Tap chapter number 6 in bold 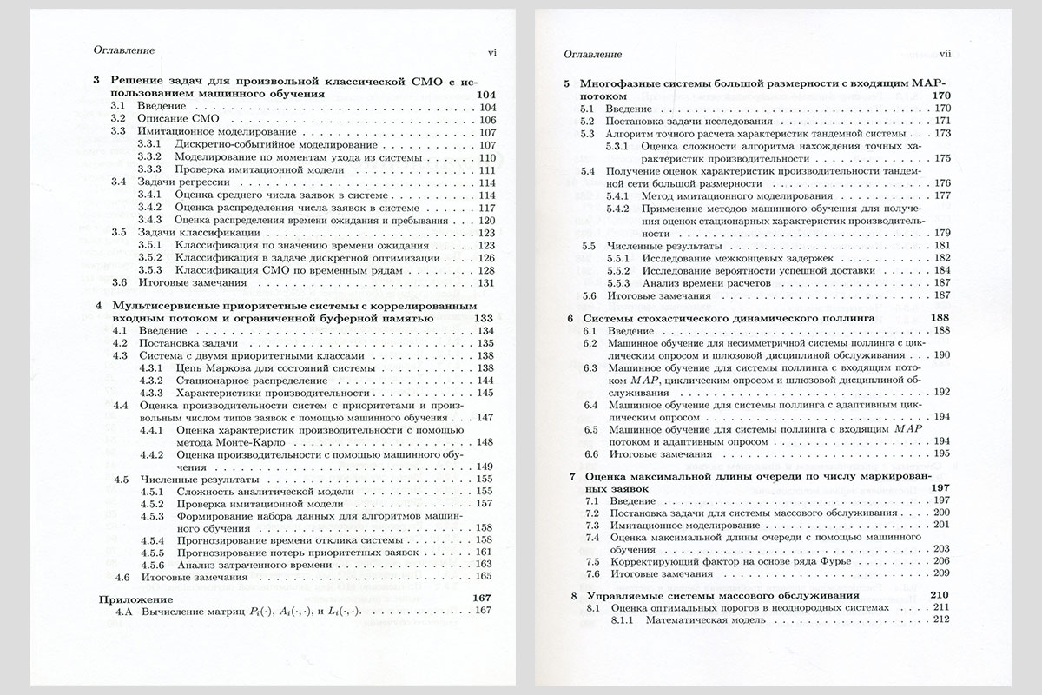[x=569, y=319]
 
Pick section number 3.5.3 [x=150, y=270]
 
